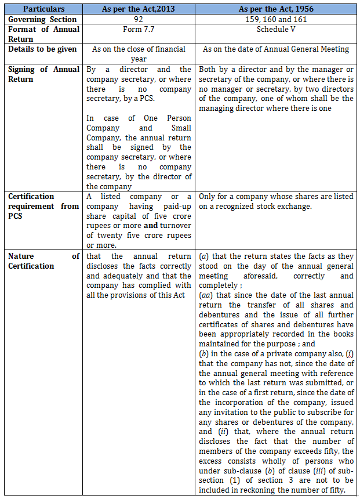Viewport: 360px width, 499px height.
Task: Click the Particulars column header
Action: (x=43, y=9)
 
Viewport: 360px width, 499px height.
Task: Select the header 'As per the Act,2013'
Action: (x=139, y=9)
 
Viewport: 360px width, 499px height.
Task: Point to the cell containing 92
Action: (x=139, y=19)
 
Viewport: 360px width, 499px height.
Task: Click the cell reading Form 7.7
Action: (x=139, y=29)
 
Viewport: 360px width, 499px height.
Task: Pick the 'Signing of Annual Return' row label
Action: (x=43, y=74)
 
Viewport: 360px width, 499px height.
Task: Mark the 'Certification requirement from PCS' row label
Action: (x=43, y=206)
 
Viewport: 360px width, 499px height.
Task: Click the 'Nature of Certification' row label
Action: (x=43, y=261)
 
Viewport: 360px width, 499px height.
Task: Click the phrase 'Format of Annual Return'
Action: (x=43, y=34)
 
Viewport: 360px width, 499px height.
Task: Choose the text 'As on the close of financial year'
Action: (x=139, y=53)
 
